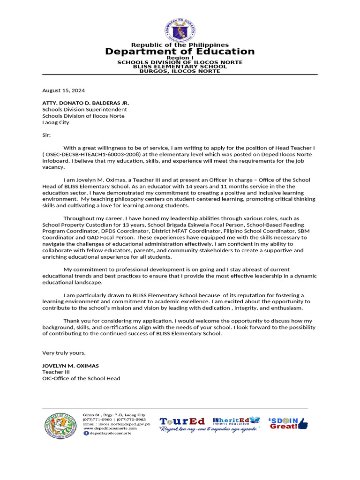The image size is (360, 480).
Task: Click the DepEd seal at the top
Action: click(180, 30)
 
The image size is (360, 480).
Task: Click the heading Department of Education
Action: click(180, 52)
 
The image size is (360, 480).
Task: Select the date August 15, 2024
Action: click(64, 90)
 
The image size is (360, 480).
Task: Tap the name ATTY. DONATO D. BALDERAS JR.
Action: click(86, 103)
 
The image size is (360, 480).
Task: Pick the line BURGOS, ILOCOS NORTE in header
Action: click(180, 71)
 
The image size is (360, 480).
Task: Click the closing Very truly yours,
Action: click(64, 352)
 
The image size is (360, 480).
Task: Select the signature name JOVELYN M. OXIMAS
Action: click(71, 366)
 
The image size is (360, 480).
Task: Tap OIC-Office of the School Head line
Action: click(81, 378)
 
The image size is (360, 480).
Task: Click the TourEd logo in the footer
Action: click(182, 421)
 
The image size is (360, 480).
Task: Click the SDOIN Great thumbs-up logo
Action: click(288, 423)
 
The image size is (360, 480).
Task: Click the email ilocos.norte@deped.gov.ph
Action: click(124, 424)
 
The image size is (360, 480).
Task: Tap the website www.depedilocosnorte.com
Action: click(110, 428)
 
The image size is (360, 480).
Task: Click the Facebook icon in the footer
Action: click(86, 433)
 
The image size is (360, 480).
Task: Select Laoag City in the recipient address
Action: click(56, 122)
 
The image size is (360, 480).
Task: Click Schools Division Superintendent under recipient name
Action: click(84, 109)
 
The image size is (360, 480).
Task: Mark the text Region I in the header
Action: click(180, 58)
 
